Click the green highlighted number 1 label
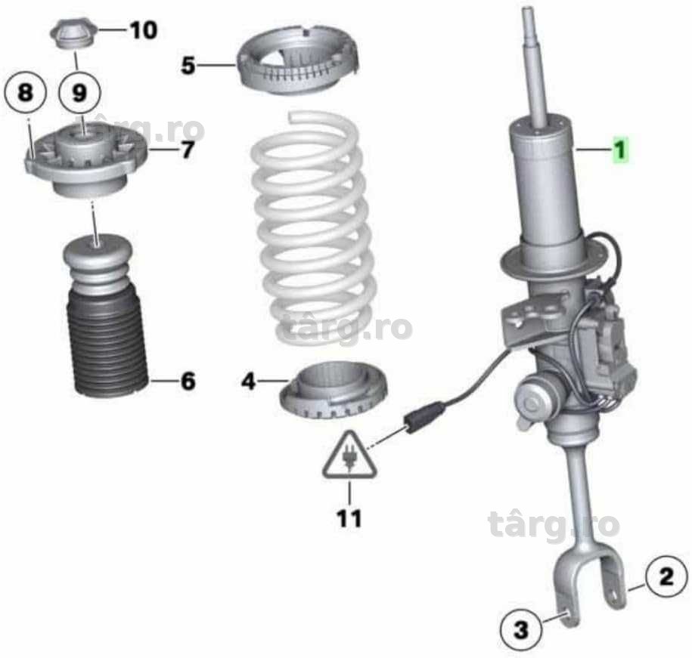pos(620,150)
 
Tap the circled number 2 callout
pos(666,577)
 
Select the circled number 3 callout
pos(522,629)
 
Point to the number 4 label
pos(249,382)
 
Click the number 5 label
pos(188,65)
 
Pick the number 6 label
pos(188,381)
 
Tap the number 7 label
pos(188,150)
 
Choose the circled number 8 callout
pos(26,93)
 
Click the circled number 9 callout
pos(79,93)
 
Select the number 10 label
pos(144,30)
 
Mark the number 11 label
pos(349,518)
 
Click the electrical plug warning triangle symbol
pos(349,456)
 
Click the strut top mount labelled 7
pos(86,162)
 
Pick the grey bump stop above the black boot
pos(98,263)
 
